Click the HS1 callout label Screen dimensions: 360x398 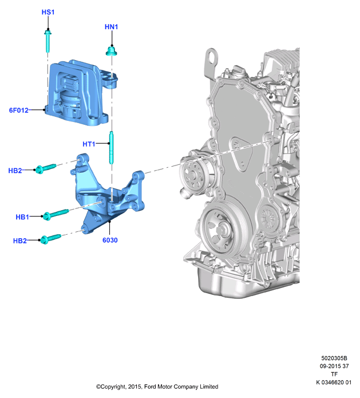click(x=48, y=12)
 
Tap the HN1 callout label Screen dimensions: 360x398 click(x=112, y=27)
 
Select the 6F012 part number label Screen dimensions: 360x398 click(x=19, y=110)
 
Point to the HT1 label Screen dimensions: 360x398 click(x=89, y=144)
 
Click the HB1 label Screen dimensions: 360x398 click(x=22, y=217)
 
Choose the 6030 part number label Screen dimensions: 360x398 click(x=110, y=240)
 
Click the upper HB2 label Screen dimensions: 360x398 click(x=15, y=171)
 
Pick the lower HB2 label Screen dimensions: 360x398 click(x=20, y=241)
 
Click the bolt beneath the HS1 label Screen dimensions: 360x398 click(x=48, y=41)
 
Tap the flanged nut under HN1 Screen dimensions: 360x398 click(x=112, y=51)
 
